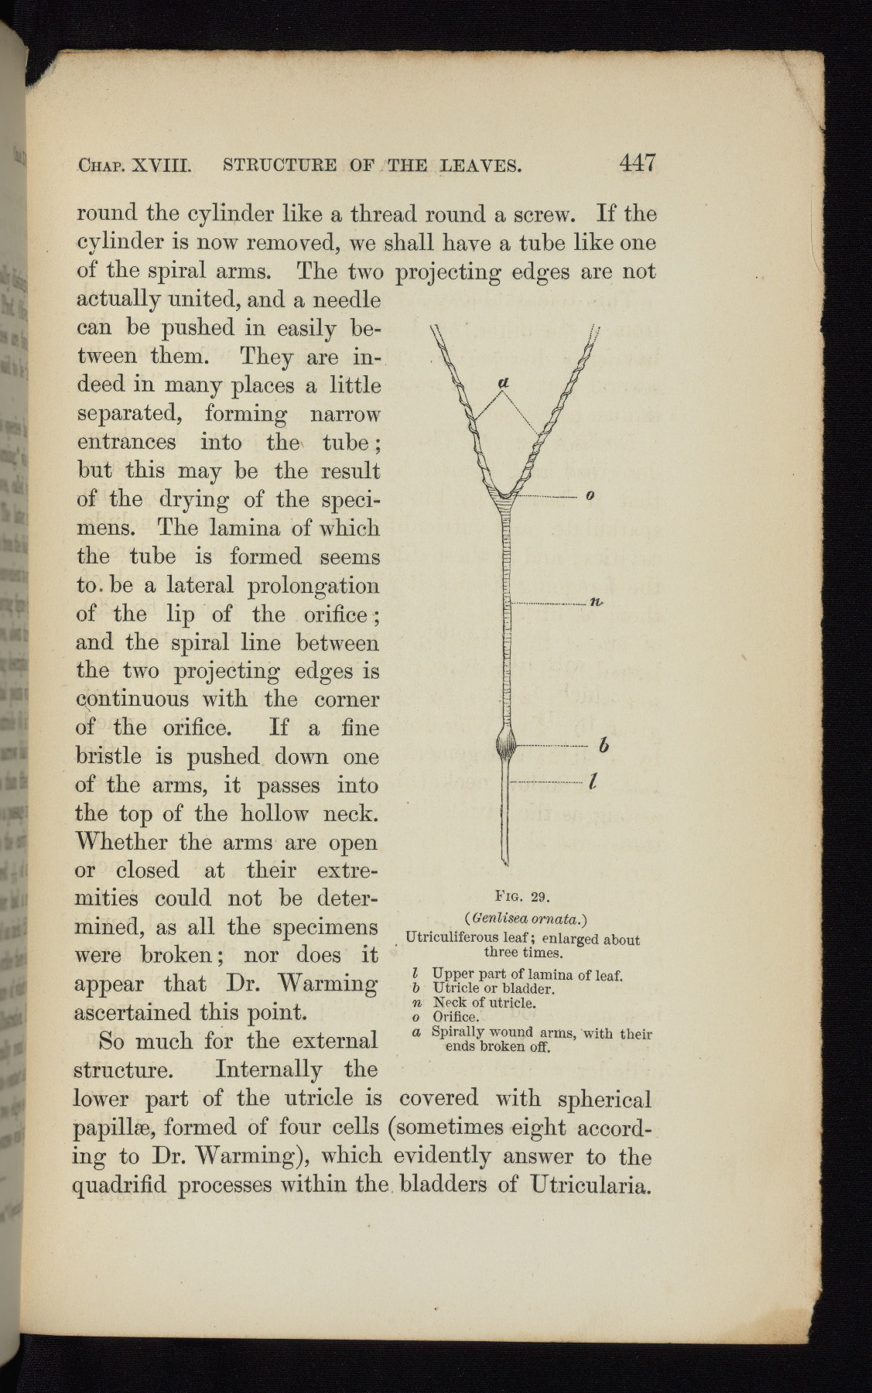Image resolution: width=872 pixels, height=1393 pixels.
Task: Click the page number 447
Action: pos(637,163)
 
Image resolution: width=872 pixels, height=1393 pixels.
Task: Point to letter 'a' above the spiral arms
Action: pos(504,382)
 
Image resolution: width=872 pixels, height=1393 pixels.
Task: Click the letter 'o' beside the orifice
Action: pos(590,495)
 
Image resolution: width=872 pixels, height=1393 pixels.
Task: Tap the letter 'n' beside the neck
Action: pos(597,603)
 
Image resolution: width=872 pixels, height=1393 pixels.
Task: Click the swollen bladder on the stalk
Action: pos(506,746)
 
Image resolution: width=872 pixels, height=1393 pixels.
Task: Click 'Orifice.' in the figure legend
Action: pos(457,1017)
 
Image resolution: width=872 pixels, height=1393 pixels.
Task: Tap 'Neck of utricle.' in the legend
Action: pos(484,1003)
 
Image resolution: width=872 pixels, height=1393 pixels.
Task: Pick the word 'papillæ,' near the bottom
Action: pos(112,1129)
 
